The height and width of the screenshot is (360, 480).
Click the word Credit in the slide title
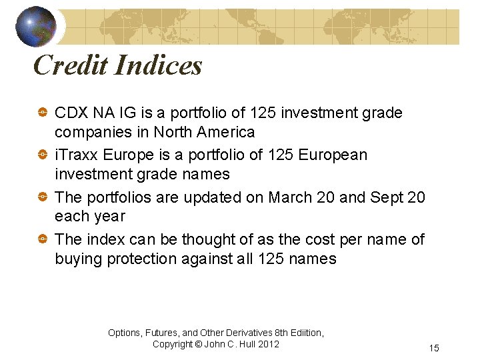click(70, 65)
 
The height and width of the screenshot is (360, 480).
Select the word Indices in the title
click(158, 65)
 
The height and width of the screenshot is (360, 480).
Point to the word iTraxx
click(77, 155)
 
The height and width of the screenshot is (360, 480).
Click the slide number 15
click(434, 349)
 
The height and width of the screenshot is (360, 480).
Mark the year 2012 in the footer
click(268, 344)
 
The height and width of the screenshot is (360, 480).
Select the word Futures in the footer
click(162, 333)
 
